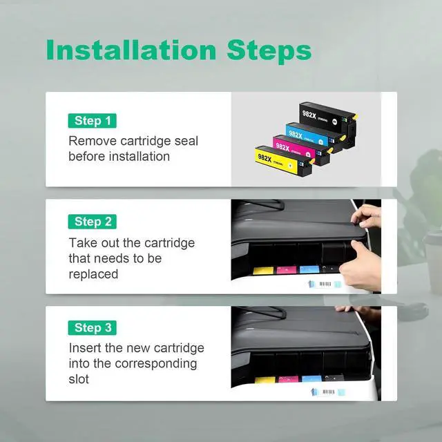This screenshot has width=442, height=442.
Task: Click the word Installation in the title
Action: point(131,50)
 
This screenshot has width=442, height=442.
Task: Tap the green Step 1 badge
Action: point(92,121)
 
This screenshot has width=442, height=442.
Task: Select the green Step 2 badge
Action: point(92,222)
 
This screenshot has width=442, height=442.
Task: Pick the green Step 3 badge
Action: point(92,328)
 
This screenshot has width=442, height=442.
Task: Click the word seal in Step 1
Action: point(186,141)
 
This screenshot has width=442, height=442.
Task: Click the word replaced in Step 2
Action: point(93,274)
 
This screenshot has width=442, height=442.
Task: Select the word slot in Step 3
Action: point(79,379)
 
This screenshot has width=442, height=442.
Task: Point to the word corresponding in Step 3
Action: point(156,364)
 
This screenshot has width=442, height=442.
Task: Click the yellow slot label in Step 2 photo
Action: point(263,271)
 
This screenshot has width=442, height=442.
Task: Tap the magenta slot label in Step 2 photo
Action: point(287,270)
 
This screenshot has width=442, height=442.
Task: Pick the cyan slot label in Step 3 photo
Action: point(311,378)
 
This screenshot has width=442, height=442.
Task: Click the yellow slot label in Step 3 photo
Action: point(265,380)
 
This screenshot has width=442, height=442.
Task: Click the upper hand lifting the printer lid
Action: point(366,215)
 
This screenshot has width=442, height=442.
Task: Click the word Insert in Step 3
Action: point(85,348)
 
